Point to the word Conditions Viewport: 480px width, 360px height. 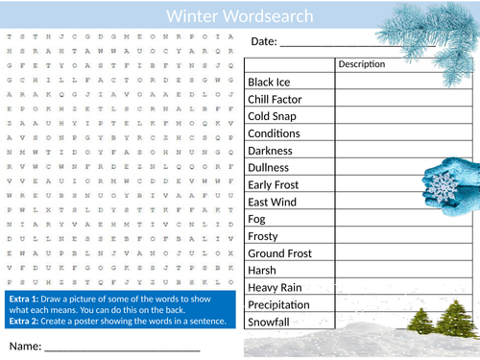point(275,134)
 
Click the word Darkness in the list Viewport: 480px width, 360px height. point(272,152)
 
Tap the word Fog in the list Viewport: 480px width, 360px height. point(257,220)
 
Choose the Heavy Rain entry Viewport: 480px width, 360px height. point(275,288)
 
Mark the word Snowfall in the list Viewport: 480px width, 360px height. point(271,323)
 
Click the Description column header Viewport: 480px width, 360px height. point(362,64)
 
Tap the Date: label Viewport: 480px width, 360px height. point(264,41)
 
